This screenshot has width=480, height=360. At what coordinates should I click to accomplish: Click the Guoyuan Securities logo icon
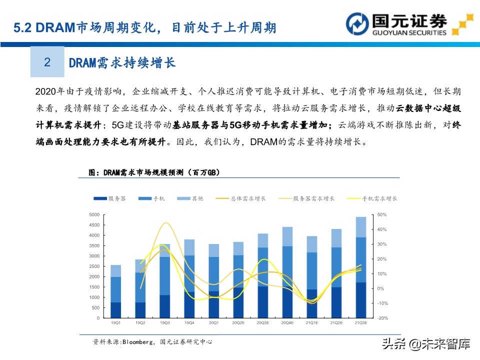point(357,24)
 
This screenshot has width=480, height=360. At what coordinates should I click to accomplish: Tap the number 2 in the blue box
point(47,62)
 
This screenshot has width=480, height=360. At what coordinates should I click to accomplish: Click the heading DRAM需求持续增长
point(122,62)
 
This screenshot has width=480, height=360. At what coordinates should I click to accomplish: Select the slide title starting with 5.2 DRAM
point(145,27)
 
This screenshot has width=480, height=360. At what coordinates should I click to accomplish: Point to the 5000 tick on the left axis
point(93,214)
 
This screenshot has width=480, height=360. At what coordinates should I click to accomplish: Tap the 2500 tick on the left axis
point(93,266)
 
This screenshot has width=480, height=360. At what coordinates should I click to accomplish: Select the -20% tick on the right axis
point(382,318)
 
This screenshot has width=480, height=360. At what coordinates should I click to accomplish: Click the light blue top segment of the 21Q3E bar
point(361,227)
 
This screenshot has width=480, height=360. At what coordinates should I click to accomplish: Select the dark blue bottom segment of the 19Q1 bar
point(115,310)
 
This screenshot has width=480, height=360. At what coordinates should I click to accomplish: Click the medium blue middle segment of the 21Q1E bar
point(312,270)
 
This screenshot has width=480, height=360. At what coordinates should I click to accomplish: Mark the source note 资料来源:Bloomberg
point(152,342)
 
